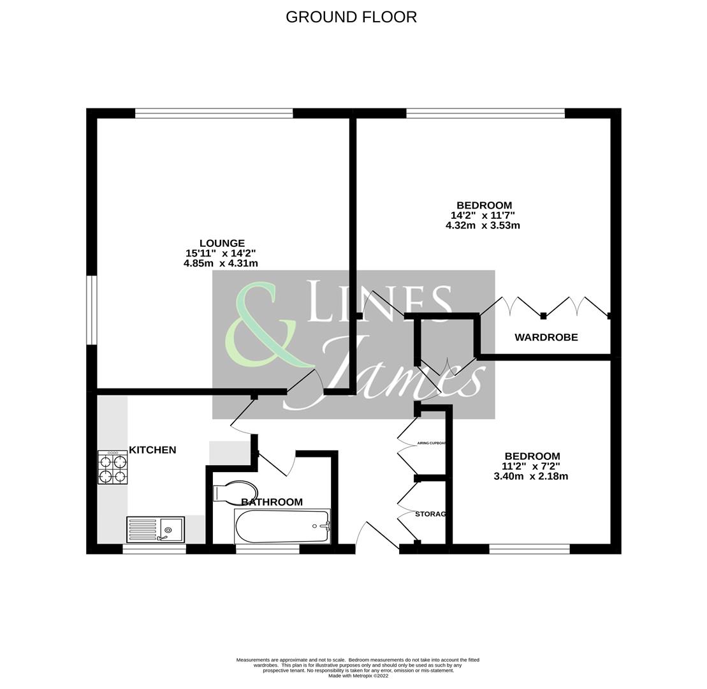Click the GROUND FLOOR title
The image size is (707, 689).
point(351,17)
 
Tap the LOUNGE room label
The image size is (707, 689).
point(222,243)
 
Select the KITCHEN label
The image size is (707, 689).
point(152,450)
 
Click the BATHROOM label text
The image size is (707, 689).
point(272,502)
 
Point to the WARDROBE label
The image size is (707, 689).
point(546,337)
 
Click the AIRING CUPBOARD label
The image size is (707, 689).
point(432,443)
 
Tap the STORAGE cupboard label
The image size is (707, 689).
point(430,514)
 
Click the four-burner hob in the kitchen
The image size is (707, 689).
point(112,467)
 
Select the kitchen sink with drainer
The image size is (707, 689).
point(156,530)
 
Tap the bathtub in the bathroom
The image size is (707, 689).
point(282,526)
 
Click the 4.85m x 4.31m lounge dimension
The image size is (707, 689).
point(221,263)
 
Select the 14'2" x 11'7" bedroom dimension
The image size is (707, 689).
point(483,216)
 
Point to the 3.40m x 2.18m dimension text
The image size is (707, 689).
point(530,477)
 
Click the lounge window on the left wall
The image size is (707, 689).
point(92,310)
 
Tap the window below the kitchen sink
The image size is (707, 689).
point(154,549)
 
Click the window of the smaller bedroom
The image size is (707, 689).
point(529,549)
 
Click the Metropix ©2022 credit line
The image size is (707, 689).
point(358,676)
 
